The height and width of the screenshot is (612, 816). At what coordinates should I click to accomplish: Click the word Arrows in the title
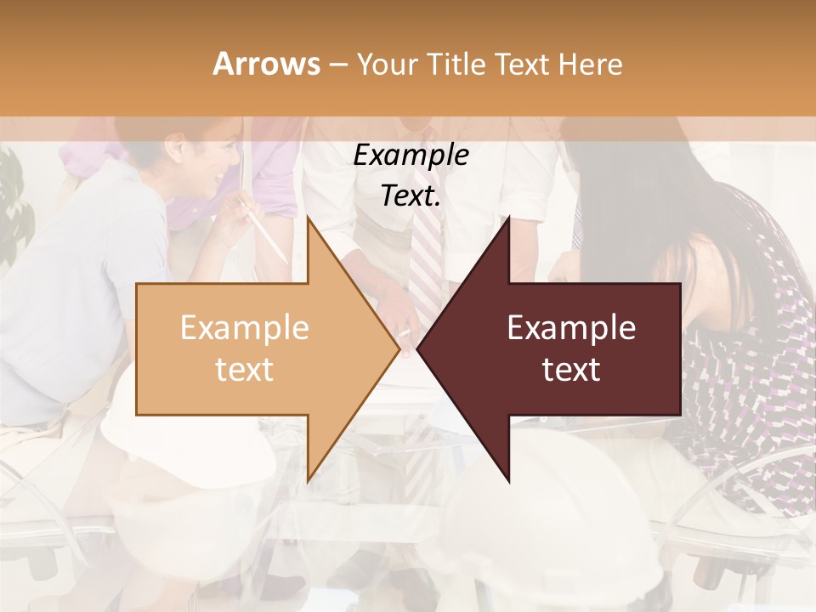pos(266,64)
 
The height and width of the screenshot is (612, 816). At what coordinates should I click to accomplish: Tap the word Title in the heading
pos(456,64)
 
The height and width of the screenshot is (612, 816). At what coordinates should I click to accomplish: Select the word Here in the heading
pos(590,64)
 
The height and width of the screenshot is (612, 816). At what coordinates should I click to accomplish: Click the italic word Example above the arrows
pos(411,155)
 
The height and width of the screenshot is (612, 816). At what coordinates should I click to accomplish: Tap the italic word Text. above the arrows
pos(411,195)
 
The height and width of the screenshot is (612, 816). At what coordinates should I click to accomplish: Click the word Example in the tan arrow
pos(245,327)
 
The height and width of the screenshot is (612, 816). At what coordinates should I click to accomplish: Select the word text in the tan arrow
pos(245,369)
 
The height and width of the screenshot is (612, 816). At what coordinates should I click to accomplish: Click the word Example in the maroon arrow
pos(571,327)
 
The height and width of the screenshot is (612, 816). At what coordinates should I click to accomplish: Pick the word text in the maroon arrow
pos(571,369)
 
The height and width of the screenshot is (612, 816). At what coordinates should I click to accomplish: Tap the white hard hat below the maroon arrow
pos(544,527)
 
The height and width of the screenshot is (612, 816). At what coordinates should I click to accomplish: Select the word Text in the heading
pos(523,64)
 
